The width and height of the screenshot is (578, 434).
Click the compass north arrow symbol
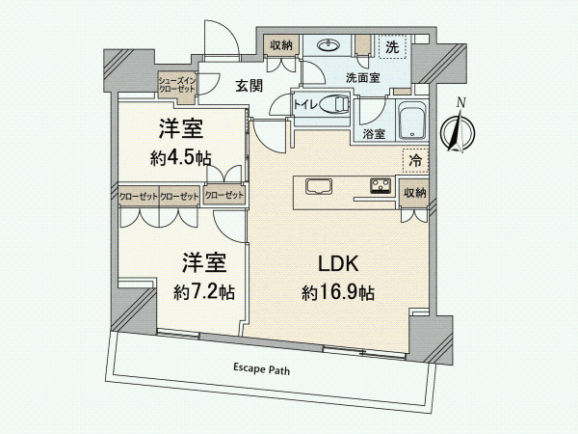point(458,129)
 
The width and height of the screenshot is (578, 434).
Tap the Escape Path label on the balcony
point(261,368)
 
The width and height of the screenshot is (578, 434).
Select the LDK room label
point(338,264)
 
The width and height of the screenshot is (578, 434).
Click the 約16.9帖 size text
point(338,293)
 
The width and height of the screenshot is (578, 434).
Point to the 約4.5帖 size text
point(181,158)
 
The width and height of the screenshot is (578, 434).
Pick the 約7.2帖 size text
point(204,292)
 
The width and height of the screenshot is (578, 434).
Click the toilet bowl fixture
point(334,103)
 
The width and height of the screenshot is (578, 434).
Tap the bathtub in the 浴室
point(412,121)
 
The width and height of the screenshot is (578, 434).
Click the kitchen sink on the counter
point(319,186)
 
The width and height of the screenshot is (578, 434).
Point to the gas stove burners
point(381,185)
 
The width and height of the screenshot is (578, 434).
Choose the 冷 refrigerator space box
point(415,160)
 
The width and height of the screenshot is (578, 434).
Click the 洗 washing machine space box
point(392,47)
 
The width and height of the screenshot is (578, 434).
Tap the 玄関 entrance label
point(250,86)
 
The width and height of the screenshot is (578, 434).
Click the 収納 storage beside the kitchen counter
point(415,194)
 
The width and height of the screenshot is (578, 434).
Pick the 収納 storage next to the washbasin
point(281,45)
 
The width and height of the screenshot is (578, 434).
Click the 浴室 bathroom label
point(374,134)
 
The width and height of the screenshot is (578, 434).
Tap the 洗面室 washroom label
point(363,78)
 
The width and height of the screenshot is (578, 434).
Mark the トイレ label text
point(305,105)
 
